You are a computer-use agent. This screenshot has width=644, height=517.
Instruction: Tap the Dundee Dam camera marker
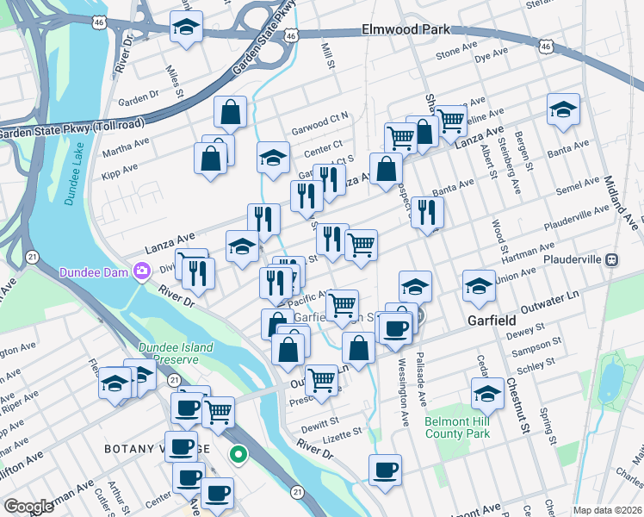(x=141, y=273)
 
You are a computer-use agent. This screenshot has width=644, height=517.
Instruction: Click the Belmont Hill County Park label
(x=457, y=428)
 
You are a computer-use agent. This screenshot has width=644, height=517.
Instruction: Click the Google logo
(x=28, y=507)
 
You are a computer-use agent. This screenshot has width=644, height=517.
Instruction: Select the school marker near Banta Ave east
(x=563, y=109)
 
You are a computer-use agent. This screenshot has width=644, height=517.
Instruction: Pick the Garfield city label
(x=492, y=319)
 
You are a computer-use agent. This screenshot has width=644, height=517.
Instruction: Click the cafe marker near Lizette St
(x=385, y=470)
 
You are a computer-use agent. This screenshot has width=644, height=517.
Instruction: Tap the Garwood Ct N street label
(x=320, y=116)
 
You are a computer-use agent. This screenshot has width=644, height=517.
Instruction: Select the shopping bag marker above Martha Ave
(x=231, y=111)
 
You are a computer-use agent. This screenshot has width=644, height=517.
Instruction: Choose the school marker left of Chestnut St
(x=487, y=393)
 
